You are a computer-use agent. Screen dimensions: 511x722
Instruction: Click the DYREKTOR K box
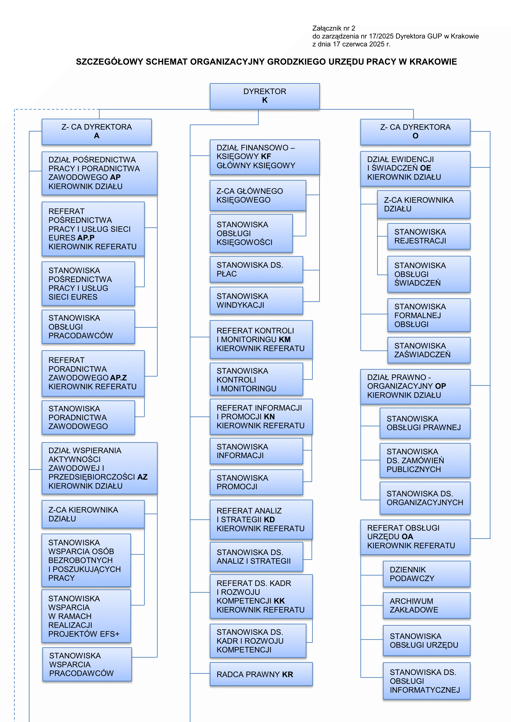[x=265, y=96]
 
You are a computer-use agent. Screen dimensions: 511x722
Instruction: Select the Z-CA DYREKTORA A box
[x=97, y=132]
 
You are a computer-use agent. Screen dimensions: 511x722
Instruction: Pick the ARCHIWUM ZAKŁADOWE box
[x=427, y=605]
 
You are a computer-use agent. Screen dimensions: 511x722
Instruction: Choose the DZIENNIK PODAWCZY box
[x=427, y=574]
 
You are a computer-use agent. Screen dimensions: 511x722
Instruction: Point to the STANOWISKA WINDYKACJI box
[x=256, y=301]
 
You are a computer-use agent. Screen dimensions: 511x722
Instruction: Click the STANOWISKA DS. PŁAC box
[x=256, y=269]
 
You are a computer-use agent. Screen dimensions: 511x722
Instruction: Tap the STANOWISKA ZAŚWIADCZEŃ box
[x=429, y=350]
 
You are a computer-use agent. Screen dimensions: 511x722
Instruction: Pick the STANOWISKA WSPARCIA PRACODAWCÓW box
[x=87, y=664]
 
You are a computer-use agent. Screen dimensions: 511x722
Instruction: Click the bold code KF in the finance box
[x=266, y=156]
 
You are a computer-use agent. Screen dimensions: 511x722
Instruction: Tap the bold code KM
[x=284, y=339]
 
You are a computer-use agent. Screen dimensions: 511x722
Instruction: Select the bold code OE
[x=426, y=168]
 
